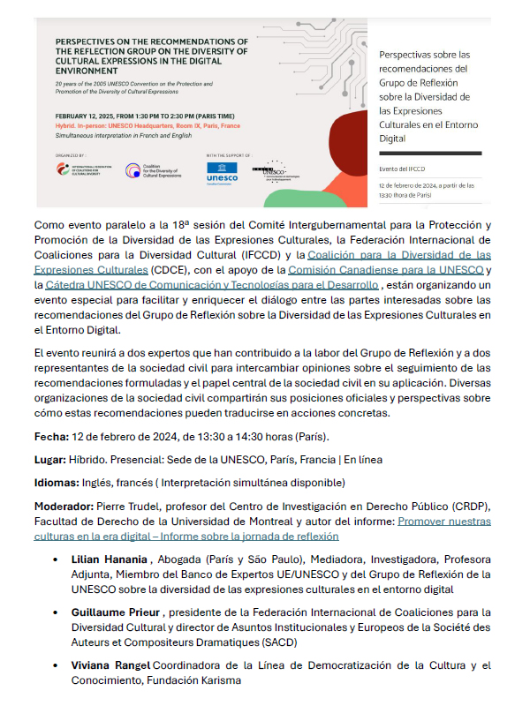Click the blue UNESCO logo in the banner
click(221, 171)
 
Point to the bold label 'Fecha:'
click(51, 436)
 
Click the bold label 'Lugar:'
click(51, 460)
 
